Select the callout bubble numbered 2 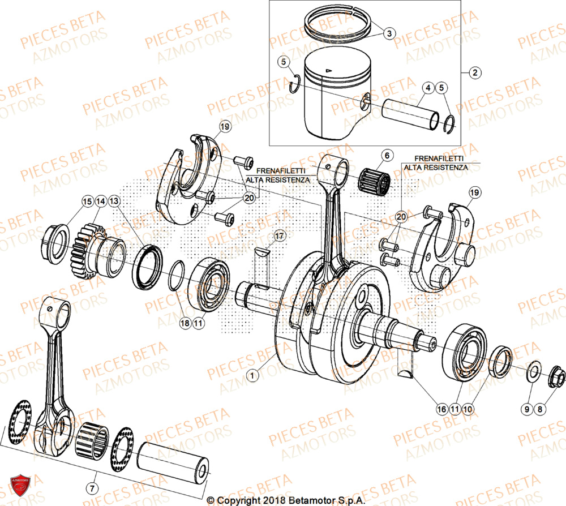[474, 72]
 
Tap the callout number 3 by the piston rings [388, 33]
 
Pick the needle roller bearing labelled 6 [375, 181]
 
